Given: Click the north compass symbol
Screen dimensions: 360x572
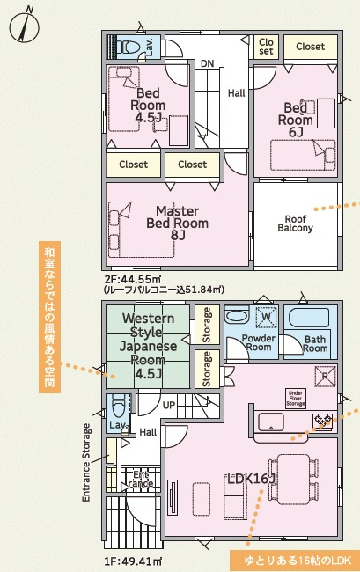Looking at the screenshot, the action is (x=25, y=26).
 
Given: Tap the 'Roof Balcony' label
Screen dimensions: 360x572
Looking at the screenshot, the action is (x=296, y=224).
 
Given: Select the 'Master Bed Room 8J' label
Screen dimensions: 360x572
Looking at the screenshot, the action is (x=178, y=223).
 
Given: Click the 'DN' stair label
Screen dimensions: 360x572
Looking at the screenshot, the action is (x=207, y=63).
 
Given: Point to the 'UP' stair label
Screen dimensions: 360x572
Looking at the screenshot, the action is (x=169, y=405).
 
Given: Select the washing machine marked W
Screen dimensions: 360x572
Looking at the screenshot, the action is (x=267, y=316).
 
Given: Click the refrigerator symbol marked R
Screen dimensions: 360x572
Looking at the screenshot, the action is (x=325, y=376).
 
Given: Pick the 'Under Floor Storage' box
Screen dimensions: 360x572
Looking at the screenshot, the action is (x=296, y=399).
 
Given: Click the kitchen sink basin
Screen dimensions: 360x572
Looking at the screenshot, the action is (x=271, y=422).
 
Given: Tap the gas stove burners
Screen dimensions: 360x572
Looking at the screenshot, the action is (x=324, y=419).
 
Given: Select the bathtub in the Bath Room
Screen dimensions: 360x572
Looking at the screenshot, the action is (x=309, y=318).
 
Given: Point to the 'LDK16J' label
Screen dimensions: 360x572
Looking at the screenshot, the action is (x=252, y=479).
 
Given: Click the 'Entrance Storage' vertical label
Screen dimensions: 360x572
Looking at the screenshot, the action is (x=86, y=463).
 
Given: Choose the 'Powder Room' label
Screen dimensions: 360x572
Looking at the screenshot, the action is (x=258, y=342).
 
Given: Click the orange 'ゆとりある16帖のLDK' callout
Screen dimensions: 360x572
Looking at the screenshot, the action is (x=296, y=561).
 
